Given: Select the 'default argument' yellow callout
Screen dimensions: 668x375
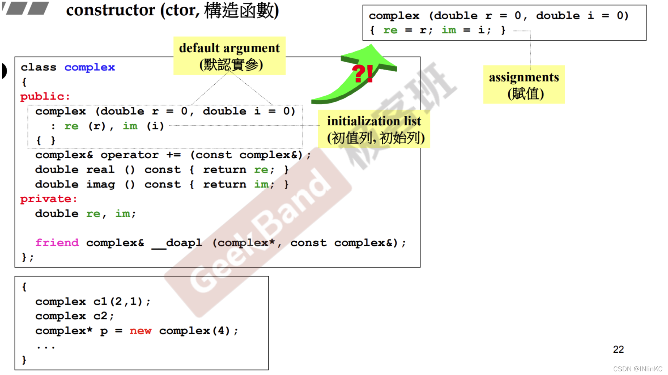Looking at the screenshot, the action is coord(230,56).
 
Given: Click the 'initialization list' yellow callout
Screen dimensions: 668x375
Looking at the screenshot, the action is coord(374,129).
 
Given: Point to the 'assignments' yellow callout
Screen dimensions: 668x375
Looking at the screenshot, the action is coord(524,85).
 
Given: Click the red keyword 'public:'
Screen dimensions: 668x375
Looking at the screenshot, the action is coord(45,96).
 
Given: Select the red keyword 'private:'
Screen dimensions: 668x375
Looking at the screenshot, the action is coord(49,199).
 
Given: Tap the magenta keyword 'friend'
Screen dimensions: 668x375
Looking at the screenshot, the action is coord(57,243).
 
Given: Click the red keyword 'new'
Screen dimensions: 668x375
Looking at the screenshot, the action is coord(141,331).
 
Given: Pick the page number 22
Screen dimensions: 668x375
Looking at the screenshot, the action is coord(618,349).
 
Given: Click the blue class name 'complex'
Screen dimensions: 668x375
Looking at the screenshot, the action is coord(90,67).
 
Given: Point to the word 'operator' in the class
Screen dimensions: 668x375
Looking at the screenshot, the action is coord(130,155).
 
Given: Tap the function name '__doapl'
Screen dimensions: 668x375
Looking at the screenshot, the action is coord(177,243).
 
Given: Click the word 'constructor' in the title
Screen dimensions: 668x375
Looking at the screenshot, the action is coord(111,10).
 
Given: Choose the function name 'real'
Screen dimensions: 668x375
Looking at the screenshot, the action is coord(100,170).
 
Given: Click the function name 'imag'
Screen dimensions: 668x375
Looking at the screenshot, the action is coord(100,185).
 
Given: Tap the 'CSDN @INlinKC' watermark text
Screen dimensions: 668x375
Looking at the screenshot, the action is coord(638,369).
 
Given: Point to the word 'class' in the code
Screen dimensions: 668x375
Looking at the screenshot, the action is coord(38,67).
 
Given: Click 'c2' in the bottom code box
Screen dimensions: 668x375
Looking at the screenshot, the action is coord(100,316).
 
